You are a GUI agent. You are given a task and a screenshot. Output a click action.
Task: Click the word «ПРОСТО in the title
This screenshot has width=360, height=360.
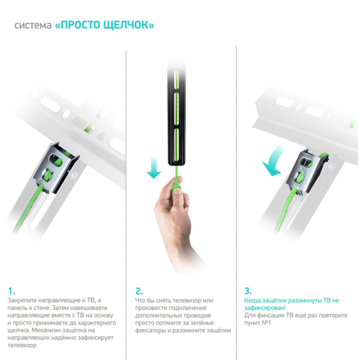77,25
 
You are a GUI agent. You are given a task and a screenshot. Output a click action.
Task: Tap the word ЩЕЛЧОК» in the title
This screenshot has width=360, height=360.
128,25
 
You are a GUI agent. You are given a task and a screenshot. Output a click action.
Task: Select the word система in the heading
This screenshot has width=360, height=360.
33,25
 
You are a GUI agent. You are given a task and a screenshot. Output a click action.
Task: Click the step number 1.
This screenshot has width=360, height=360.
11,291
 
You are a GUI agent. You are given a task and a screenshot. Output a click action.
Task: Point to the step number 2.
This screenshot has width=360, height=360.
139,291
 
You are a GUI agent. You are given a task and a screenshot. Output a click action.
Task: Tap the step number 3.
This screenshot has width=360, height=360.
248,291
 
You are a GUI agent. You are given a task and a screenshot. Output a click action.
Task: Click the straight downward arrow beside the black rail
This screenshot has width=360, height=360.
154,168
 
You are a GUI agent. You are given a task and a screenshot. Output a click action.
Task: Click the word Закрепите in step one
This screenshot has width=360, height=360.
22,301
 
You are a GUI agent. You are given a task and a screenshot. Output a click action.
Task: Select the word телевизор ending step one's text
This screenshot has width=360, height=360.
22,345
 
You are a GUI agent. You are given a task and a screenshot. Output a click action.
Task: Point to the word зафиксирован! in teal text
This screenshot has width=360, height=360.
265,308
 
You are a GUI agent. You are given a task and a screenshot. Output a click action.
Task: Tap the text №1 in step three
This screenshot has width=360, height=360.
266,323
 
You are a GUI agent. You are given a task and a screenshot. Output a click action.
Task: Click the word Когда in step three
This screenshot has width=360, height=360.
253,301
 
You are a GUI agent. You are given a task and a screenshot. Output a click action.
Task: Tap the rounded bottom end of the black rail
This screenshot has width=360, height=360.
176,163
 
